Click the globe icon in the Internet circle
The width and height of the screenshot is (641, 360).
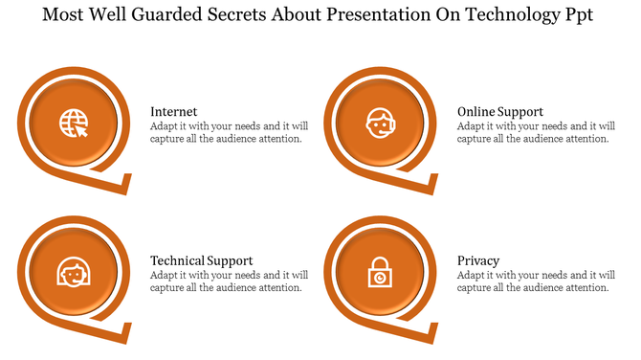74,124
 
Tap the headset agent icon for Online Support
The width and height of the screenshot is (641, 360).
379,124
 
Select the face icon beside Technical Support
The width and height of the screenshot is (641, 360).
74,274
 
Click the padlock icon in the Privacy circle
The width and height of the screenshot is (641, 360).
379,274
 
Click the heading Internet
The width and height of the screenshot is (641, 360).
174,112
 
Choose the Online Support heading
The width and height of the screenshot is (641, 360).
499,112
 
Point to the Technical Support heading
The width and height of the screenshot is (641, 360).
201,260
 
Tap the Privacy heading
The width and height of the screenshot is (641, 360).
477,260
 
